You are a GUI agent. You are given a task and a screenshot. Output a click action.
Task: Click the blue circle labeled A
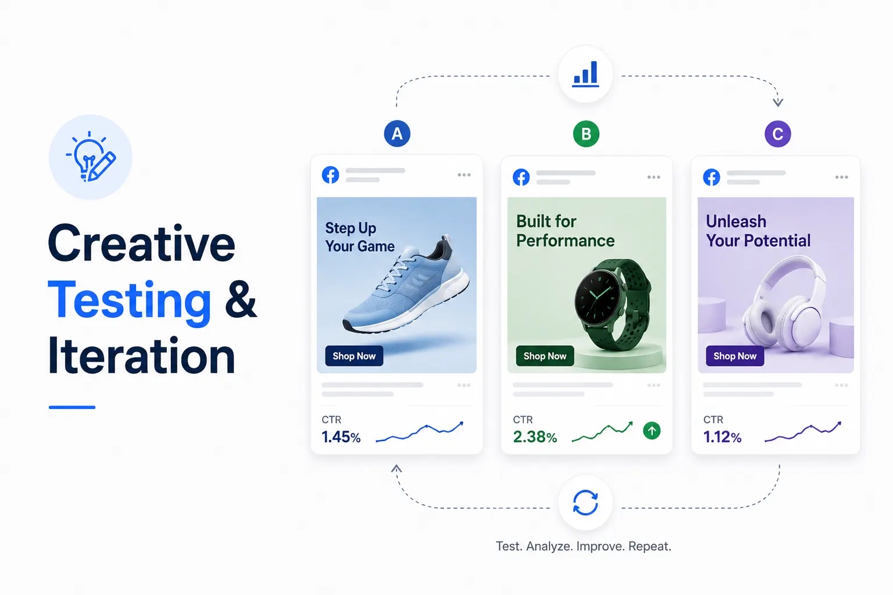[397, 134]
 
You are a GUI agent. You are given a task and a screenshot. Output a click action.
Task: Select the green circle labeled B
[586, 134]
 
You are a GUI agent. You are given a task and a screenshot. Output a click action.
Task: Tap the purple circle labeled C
[778, 134]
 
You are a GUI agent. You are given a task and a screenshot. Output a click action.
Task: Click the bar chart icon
[585, 74]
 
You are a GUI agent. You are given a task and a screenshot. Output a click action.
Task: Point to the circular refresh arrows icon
[585, 503]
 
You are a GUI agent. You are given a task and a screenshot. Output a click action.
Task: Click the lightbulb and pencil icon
[91, 157]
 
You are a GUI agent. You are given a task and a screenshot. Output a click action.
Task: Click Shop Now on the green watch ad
[545, 356]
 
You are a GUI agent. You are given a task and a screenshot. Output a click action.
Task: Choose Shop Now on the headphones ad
[735, 356]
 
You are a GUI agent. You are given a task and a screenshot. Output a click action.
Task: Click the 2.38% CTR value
[535, 437]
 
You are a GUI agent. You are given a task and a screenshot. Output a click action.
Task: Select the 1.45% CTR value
[341, 437]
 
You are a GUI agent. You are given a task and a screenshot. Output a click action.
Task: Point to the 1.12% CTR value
[722, 437]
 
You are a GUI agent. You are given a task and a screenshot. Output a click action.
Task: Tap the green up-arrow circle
[651, 431]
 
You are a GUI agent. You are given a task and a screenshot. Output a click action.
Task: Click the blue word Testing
[130, 302]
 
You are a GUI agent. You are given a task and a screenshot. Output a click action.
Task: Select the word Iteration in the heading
[141, 355]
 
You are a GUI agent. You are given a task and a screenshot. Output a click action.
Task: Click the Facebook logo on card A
[330, 175]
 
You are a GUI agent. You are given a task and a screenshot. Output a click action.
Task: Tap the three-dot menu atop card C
[842, 177]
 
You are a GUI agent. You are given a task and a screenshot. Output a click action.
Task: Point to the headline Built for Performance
[565, 231]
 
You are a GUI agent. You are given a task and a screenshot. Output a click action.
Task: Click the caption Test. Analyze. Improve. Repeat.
[583, 546]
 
